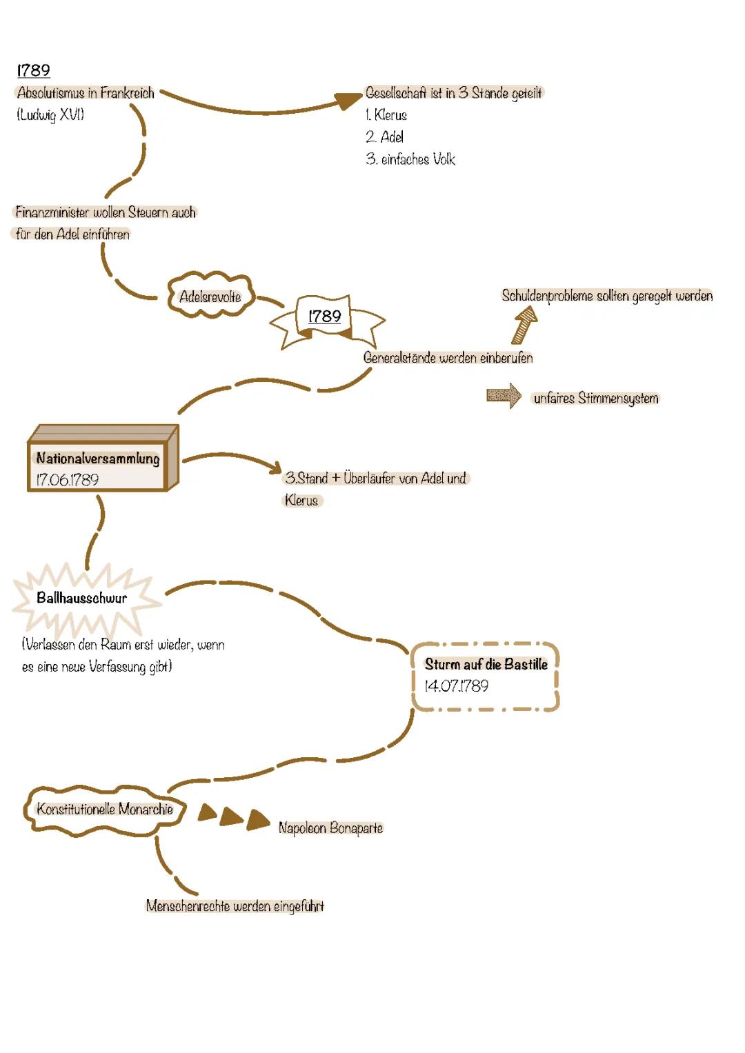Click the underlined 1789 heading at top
[x=33, y=70]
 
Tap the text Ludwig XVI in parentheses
[x=50, y=114]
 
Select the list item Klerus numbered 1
[x=386, y=114]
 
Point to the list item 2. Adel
[x=384, y=137]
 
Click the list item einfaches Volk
[x=410, y=159]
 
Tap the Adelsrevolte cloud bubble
[x=210, y=297]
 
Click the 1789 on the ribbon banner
[x=324, y=317]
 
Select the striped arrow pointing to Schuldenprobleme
[x=524, y=324]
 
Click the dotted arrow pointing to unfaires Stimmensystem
[x=504, y=396]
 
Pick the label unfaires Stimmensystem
[x=596, y=398]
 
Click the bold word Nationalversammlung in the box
[x=98, y=459]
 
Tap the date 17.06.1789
[x=68, y=479]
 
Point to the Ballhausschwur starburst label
[x=82, y=598]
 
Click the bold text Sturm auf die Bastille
[x=486, y=664]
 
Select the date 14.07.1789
[x=456, y=686]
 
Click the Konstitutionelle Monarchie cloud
[x=104, y=809]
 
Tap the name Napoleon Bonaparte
[x=330, y=828]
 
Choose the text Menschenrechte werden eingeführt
[x=235, y=906]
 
